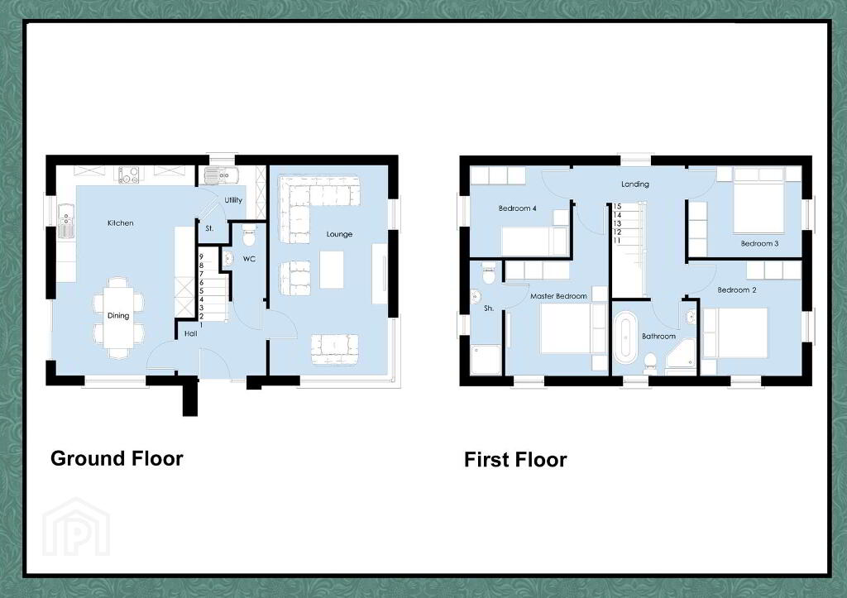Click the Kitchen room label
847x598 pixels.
[x=121, y=223]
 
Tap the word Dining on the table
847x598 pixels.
[x=118, y=316]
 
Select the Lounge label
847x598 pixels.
[x=339, y=234]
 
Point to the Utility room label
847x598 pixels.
[x=233, y=200]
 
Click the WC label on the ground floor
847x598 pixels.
[x=249, y=259]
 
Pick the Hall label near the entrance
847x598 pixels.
[x=191, y=334]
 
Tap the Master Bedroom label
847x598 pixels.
[x=558, y=297]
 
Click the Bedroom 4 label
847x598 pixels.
[x=518, y=208]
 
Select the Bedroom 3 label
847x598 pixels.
[x=759, y=244]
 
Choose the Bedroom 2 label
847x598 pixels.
[x=737, y=290]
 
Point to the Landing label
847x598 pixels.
[x=634, y=184]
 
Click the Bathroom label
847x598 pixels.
[x=658, y=337]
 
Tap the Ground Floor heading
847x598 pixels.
[x=117, y=458]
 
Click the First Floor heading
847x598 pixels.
[x=515, y=460]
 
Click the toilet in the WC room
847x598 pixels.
[x=249, y=235]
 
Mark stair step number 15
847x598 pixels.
[x=617, y=206]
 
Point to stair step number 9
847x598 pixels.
[x=202, y=257]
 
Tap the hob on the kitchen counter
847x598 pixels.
[x=128, y=175]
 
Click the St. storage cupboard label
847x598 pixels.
[x=209, y=229]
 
